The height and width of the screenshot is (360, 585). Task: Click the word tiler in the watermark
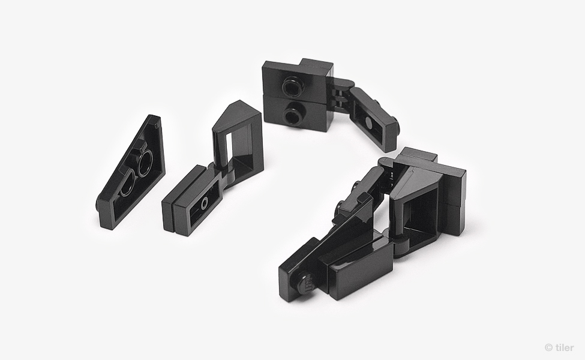tap(565, 347)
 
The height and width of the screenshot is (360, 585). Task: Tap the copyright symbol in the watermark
tap(549, 347)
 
